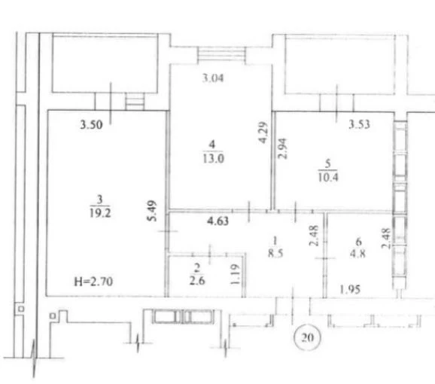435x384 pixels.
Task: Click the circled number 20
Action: (x=307, y=337)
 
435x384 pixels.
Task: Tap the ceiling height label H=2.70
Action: (x=93, y=282)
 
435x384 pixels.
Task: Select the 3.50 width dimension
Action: (x=91, y=124)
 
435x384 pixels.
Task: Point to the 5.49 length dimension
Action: (x=152, y=211)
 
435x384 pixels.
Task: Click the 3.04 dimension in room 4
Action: (x=213, y=78)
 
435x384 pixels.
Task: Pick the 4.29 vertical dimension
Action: (x=263, y=133)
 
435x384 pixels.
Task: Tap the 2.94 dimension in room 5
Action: (x=283, y=148)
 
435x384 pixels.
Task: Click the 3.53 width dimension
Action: (x=359, y=124)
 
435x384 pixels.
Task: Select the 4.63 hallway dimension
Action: (x=218, y=221)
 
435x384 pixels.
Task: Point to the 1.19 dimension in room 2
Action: (x=235, y=274)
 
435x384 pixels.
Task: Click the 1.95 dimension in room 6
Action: (x=350, y=289)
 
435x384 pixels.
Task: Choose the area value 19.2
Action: (x=100, y=213)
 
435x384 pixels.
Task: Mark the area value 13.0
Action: (x=213, y=159)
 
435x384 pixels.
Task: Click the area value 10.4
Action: (x=328, y=177)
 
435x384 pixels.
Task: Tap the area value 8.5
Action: (x=275, y=253)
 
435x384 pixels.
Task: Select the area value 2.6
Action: (x=197, y=280)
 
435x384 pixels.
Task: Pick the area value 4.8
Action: (x=357, y=254)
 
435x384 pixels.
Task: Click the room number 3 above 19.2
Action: (x=100, y=200)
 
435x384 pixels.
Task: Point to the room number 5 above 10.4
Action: (x=328, y=163)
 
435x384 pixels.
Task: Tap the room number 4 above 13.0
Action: (x=212, y=145)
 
